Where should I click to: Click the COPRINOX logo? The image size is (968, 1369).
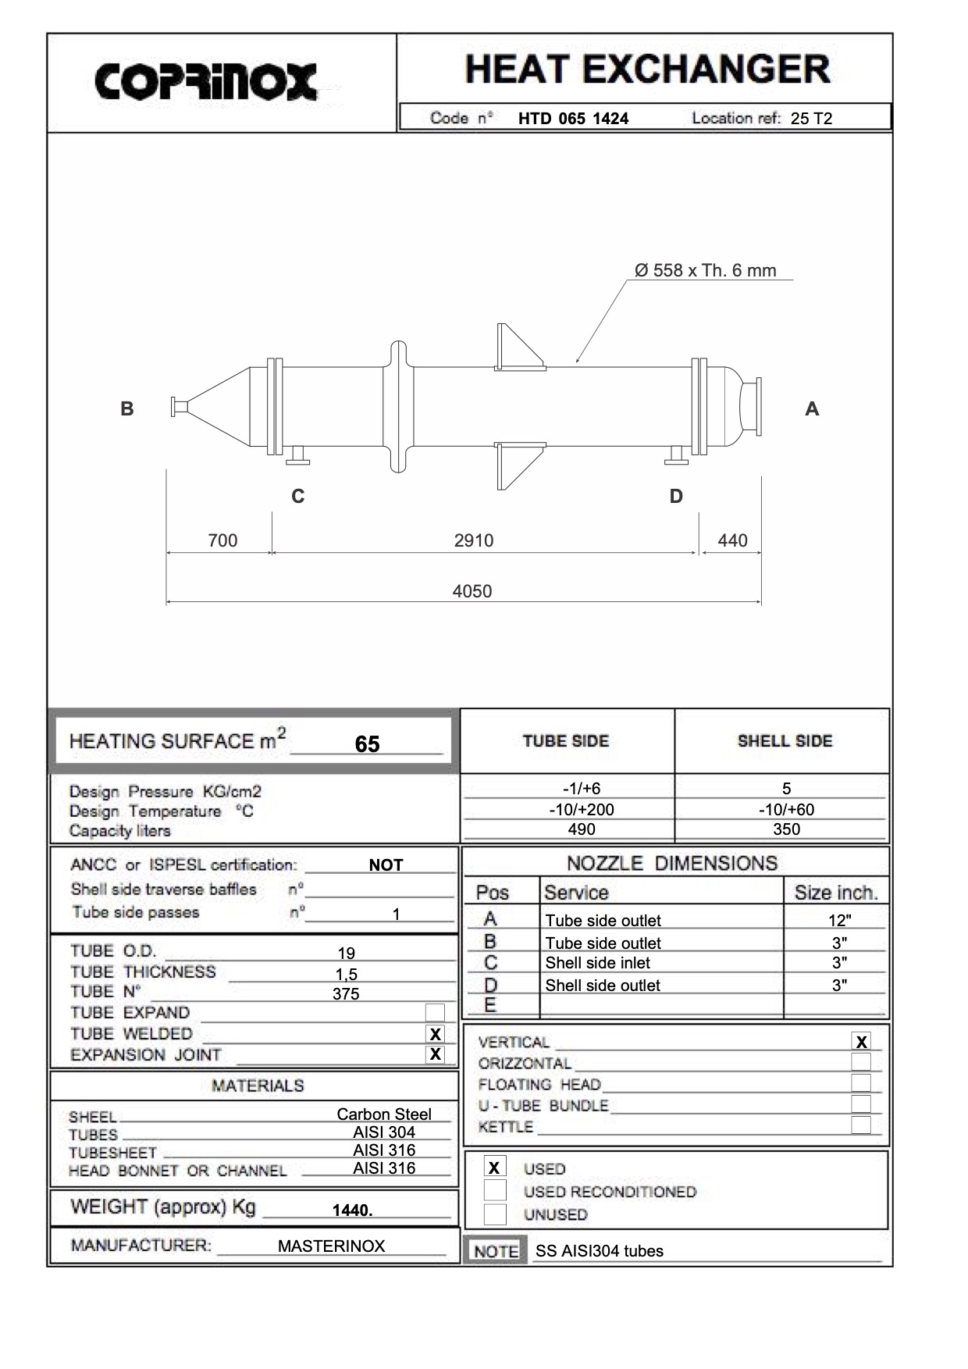206,82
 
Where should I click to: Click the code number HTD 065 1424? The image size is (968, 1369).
573,119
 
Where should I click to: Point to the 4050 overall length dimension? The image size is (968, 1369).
472,591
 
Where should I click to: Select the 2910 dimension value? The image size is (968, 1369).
474,540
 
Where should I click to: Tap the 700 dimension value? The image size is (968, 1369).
222,540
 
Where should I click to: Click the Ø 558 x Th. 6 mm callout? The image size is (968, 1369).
706,271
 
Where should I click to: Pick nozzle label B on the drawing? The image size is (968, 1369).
127,408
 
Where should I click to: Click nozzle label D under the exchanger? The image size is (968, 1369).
676,496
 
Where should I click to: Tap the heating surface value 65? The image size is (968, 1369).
367,743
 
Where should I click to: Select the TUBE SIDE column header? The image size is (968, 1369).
566,741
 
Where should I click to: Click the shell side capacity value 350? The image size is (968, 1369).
786,829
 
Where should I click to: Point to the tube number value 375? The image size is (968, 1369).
346,993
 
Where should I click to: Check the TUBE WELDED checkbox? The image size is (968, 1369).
435,1034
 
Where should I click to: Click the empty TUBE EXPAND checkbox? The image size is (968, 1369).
435,1013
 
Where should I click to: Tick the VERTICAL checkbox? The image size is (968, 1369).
861,1042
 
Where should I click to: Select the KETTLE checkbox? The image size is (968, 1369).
861,1125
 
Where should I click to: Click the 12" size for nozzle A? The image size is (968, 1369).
839,921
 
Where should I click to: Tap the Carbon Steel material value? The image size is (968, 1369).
384,1114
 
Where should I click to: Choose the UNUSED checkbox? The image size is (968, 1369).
494,1214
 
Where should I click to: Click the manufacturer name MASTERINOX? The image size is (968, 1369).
331,1246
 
